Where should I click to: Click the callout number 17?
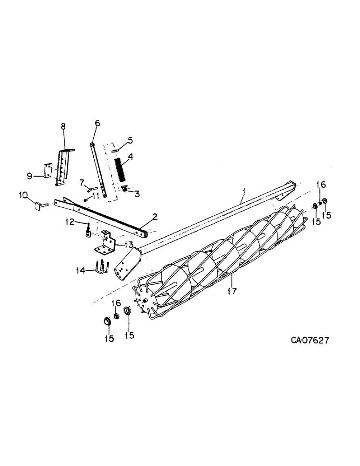tap(232, 291)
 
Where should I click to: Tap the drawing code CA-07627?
tap(310, 341)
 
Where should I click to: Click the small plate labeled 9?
tap(48, 170)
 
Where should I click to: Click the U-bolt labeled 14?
tap(102, 268)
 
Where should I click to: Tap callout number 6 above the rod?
tap(97, 123)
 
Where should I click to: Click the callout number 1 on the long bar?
tap(242, 192)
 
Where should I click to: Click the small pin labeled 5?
tap(116, 150)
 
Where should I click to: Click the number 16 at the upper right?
tap(321, 185)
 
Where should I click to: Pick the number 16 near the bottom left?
tap(117, 303)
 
